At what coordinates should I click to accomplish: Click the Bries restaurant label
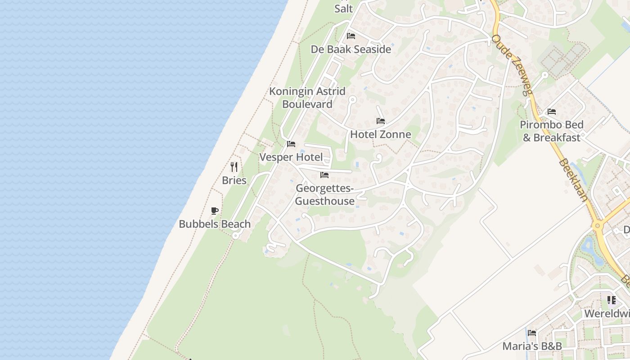234,180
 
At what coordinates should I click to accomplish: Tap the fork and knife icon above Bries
234,167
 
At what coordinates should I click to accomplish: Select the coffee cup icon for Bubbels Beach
215,211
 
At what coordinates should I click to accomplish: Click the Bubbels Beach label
215,224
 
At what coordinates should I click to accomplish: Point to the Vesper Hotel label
291,157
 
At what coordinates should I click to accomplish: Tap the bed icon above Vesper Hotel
291,144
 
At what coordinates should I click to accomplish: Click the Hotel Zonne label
381,134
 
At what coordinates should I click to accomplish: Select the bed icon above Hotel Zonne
381,121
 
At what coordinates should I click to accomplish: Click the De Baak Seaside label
351,49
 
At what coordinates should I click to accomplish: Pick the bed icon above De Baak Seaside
351,36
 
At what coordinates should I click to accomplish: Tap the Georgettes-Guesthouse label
325,194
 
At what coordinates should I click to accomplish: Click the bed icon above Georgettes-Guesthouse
324,175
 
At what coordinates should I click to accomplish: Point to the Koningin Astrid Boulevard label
307,98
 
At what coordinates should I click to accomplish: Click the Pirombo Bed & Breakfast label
552,131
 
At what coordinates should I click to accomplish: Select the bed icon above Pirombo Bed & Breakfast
552,112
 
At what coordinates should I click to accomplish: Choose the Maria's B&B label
532,346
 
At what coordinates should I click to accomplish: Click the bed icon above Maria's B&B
532,333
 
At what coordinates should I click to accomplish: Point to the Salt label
344,8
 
